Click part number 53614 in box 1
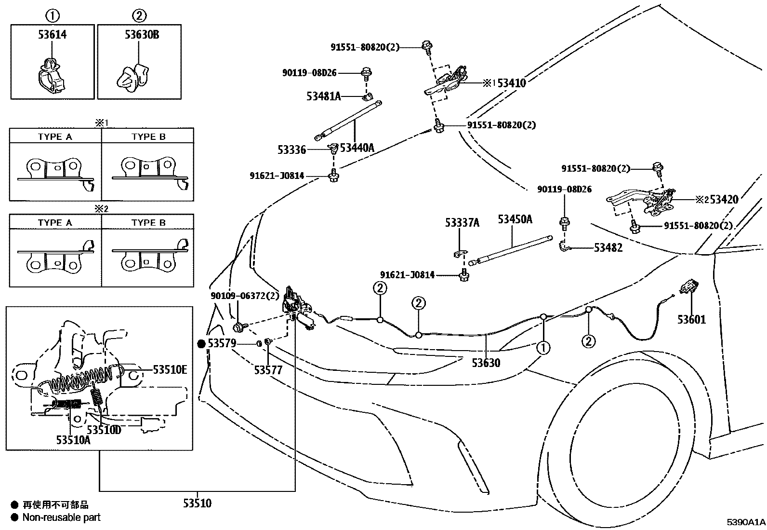[52, 34]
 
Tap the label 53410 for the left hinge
[512, 83]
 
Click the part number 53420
[724, 199]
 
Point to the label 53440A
[357, 148]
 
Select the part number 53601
[691, 319]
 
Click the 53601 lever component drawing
[687, 288]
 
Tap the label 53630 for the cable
[486, 363]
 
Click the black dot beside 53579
[201, 343]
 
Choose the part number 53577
[268, 370]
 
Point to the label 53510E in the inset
[170, 370]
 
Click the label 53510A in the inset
[73, 439]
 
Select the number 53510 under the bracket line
[197, 503]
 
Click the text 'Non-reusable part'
[62, 517]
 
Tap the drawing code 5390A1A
[746, 522]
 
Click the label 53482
[608, 247]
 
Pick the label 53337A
[462, 222]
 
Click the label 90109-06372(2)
[245, 295]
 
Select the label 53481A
[323, 96]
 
